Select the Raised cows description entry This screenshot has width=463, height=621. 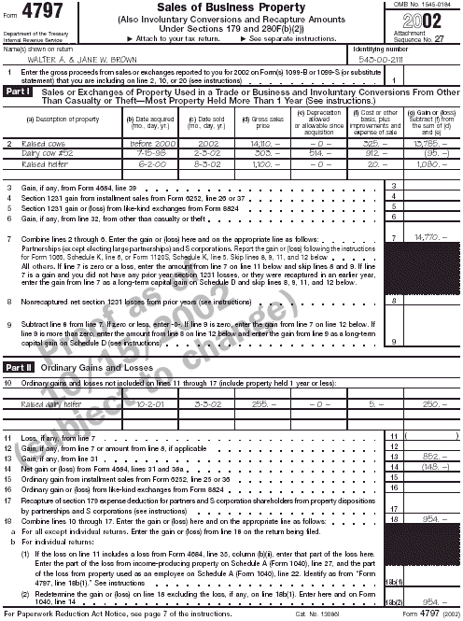click(x=43, y=144)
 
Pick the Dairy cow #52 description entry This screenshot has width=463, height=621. click(x=46, y=153)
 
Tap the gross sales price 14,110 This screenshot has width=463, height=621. click(x=265, y=144)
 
